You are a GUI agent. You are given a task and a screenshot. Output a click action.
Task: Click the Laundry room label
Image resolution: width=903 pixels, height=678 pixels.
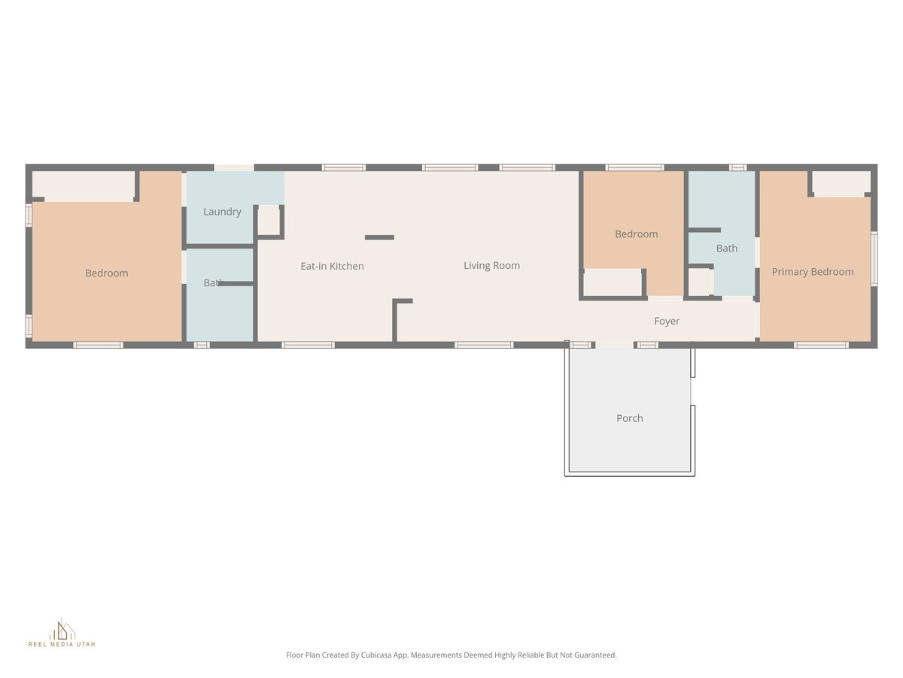(222, 212)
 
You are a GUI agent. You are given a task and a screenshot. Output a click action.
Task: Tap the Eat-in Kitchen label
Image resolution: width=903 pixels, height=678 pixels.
(332, 266)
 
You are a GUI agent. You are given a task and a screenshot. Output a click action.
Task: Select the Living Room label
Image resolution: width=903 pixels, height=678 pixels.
(491, 265)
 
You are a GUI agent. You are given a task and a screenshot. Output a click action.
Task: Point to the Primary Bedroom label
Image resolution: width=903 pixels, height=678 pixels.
(813, 272)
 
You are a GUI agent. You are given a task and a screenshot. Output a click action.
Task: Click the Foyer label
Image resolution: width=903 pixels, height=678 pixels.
(667, 321)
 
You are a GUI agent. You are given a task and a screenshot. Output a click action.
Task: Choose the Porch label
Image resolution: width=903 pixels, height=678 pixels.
(630, 418)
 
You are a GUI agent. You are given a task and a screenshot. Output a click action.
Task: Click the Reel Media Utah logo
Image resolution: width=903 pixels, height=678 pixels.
(62, 633)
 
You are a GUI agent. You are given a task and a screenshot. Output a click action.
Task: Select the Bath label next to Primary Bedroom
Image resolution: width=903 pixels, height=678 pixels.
(727, 248)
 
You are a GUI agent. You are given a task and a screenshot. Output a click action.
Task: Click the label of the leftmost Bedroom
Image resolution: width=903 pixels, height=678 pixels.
(106, 273)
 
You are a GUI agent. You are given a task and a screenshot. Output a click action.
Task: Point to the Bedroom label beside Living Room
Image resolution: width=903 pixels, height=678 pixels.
(637, 234)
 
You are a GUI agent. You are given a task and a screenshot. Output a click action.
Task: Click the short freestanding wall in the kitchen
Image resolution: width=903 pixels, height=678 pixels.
(379, 237)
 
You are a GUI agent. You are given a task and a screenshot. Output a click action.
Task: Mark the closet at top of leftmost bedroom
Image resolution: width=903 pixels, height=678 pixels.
(84, 185)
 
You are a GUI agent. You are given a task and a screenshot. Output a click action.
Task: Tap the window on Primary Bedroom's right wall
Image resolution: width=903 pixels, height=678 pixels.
(874, 258)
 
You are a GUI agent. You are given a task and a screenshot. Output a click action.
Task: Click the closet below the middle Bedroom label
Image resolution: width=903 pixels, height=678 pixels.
(613, 283)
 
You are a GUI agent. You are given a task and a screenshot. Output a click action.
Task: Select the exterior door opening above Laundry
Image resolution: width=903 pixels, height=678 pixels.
(234, 167)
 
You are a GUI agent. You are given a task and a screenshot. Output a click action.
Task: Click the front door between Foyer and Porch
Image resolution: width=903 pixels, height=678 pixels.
(614, 345)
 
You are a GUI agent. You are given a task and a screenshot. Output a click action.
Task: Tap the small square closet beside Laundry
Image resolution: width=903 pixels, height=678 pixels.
(269, 220)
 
